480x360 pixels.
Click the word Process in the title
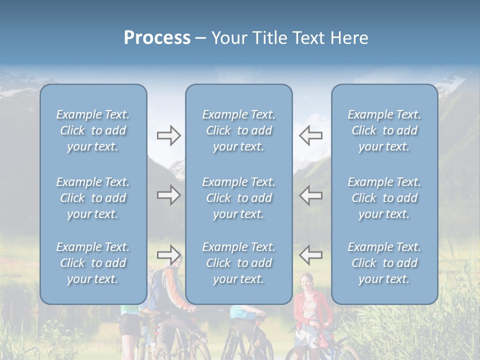157,38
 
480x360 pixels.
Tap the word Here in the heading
348,38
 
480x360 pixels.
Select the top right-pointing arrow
169,135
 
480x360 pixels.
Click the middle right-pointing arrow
169,195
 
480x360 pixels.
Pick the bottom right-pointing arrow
169,254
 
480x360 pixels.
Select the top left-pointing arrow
310,135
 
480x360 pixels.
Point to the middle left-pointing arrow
310,195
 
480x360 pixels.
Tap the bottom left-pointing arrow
310,254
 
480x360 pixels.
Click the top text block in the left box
93,130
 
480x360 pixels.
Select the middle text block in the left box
93,198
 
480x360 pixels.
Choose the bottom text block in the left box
93,263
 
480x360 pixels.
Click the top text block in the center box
238,130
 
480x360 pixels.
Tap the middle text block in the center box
238,198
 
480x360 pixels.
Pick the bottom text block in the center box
238,263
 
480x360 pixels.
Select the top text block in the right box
384,130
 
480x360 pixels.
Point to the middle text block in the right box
384,198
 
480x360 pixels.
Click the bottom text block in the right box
384,263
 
